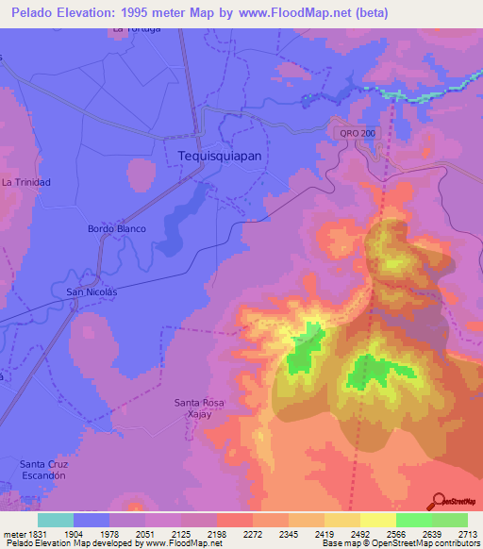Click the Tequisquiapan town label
pos(218,156)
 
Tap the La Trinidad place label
pos(25,181)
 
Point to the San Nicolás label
pos(93,292)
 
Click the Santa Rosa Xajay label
pos(199,408)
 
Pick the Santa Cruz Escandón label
pos(42,470)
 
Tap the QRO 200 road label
pos(358,134)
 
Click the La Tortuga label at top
pos(137,28)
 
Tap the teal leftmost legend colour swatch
pos(56,520)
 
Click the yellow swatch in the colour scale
pos(378,520)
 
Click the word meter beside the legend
pos(13,534)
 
